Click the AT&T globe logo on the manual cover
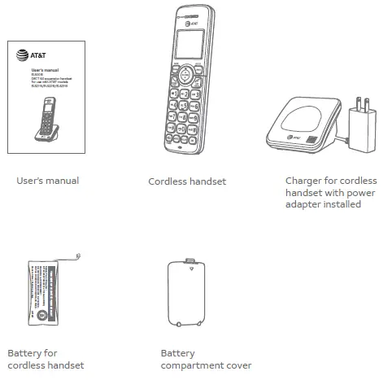point(24,57)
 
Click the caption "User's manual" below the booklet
point(48,181)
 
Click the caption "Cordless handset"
point(186,181)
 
